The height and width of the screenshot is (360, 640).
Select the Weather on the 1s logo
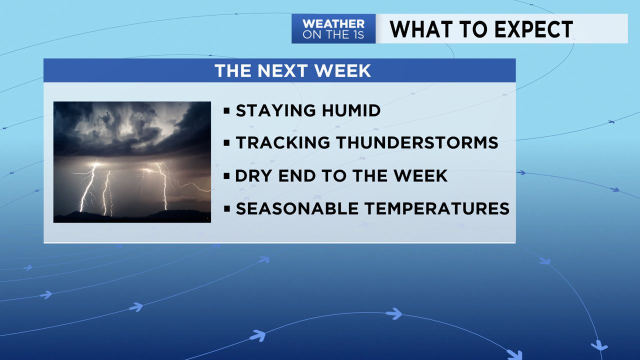(x=333, y=29)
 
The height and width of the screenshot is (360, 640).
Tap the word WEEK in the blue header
(x=345, y=71)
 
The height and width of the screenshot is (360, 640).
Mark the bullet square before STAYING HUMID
(x=227, y=110)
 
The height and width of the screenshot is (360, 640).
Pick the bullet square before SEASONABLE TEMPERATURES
(x=227, y=208)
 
